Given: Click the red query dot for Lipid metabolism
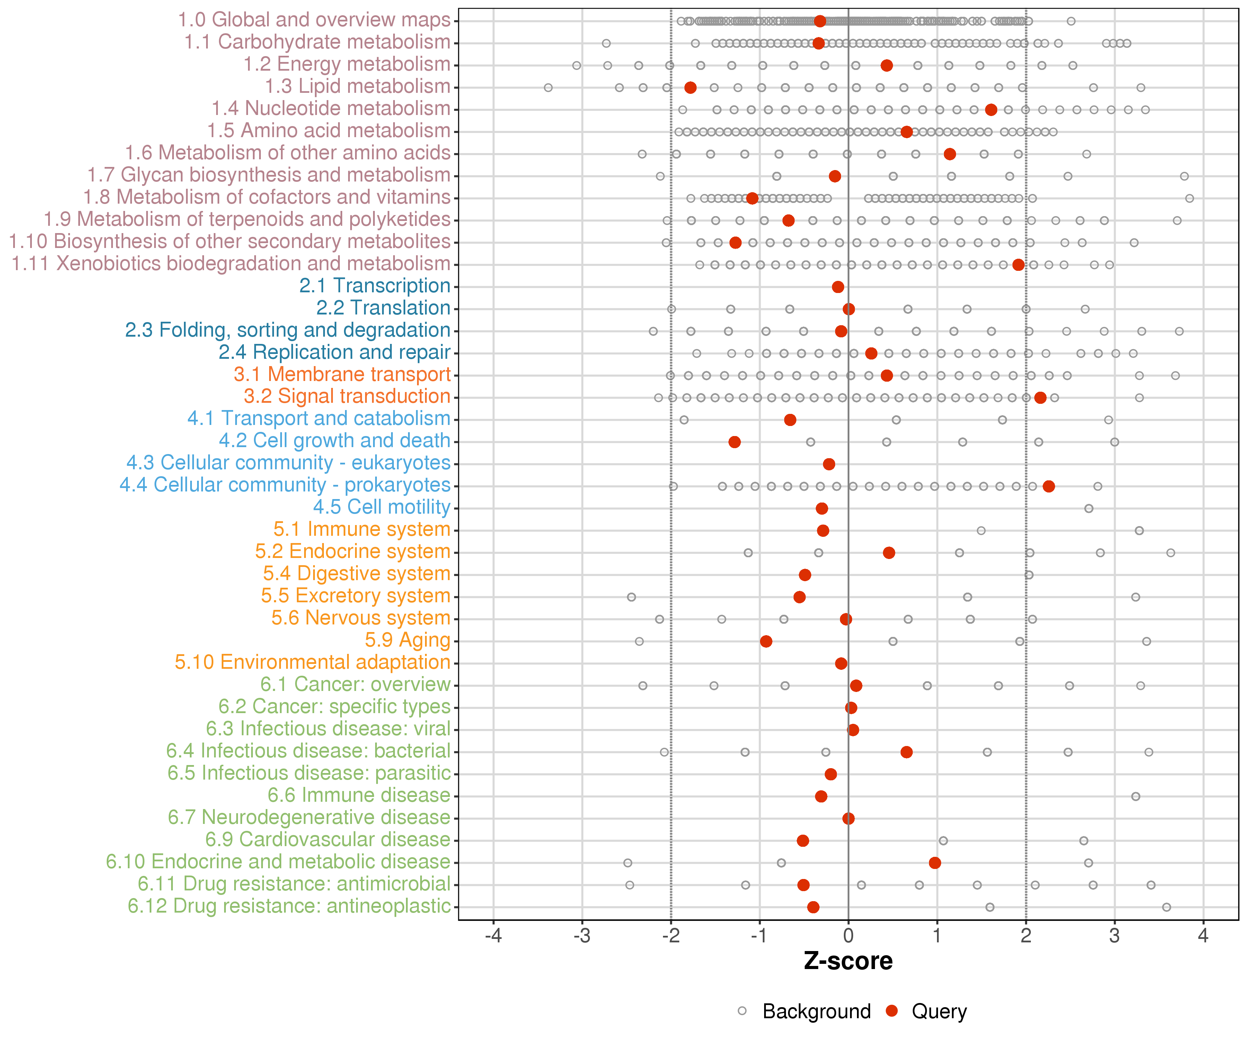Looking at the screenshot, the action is (690, 88).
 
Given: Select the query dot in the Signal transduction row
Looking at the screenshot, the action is (1040, 398).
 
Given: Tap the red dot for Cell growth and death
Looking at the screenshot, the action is (735, 442).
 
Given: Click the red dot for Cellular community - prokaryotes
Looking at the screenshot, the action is (1049, 486).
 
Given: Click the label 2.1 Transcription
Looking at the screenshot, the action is (375, 286).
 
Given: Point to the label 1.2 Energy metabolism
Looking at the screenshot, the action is (347, 64).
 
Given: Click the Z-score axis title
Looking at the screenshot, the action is (848, 961).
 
